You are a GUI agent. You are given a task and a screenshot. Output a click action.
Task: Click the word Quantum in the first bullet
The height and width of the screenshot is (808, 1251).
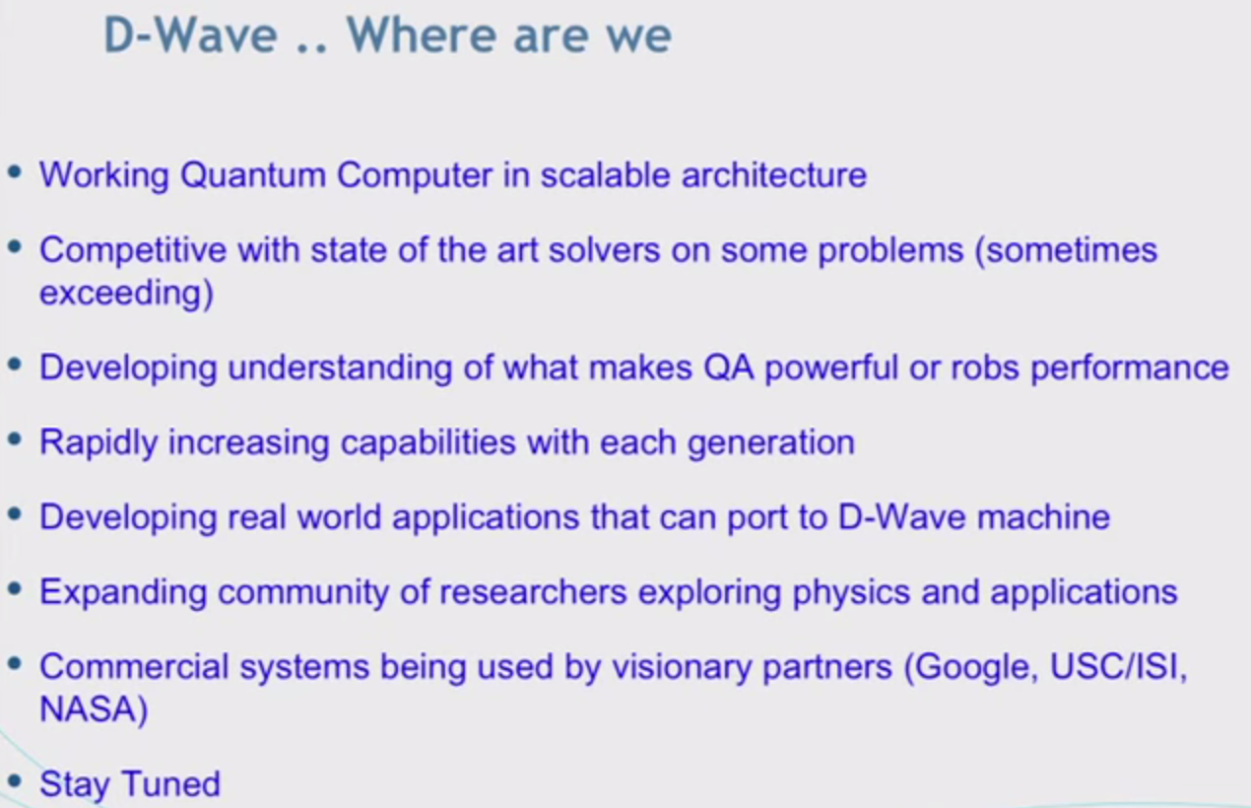click(252, 175)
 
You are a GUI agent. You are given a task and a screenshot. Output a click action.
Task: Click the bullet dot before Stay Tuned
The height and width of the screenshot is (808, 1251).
click(14, 782)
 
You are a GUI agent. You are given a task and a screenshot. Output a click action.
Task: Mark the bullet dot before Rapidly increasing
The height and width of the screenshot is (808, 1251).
click(14, 440)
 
